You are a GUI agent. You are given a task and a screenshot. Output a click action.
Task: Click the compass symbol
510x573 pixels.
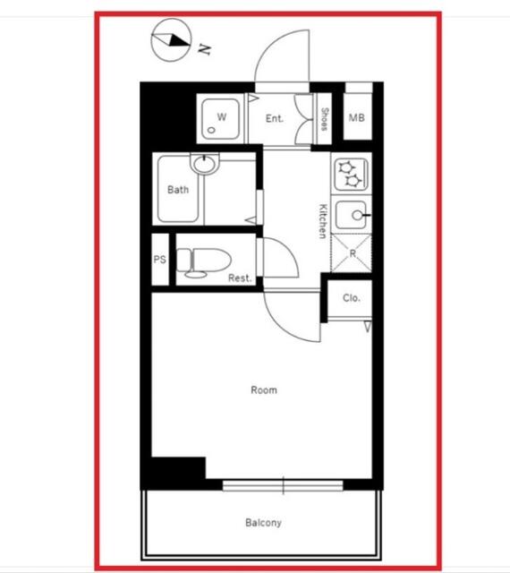(x=171, y=39)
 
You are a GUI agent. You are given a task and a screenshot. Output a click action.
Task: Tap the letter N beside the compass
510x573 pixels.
(x=204, y=49)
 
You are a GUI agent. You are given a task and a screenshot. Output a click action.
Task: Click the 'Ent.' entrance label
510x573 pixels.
(x=275, y=118)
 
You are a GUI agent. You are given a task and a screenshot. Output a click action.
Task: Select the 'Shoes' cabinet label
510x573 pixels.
(x=324, y=119)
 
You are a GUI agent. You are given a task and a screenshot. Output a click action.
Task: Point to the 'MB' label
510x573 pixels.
(x=357, y=117)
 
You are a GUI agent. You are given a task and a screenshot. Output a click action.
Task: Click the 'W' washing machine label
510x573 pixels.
(x=221, y=117)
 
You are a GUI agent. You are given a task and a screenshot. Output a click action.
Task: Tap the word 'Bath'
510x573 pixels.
(x=178, y=190)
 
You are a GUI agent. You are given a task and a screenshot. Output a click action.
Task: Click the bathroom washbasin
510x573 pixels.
(x=205, y=163)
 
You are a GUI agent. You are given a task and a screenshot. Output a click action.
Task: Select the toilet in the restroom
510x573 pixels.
(x=204, y=261)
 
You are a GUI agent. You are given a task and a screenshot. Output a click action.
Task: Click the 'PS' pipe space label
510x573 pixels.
(x=159, y=260)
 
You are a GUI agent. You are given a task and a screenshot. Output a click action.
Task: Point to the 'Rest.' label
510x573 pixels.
(x=240, y=278)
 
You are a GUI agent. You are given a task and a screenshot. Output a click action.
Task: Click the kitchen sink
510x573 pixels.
(x=351, y=215)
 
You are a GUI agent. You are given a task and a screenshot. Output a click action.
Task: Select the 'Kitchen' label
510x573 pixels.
(x=323, y=221)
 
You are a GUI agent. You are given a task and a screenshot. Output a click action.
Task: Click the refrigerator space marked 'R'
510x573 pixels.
(x=352, y=253)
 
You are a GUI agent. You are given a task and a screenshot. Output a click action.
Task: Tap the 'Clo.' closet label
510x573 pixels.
(x=352, y=298)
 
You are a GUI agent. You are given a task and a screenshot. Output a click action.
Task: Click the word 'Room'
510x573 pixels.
(x=264, y=390)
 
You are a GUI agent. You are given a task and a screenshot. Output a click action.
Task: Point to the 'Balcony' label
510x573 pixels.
(x=263, y=523)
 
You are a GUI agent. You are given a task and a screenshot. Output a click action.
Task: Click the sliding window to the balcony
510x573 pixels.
(x=283, y=485)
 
